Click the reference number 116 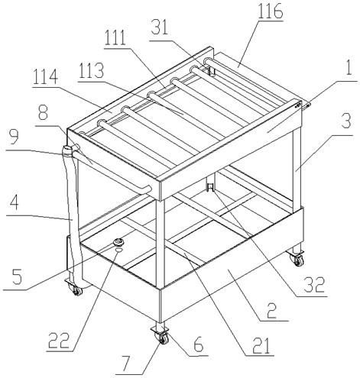click(270, 11)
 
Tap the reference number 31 click(160, 27)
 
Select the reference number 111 click(115, 38)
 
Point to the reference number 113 click(91, 71)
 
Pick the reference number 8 click(43, 114)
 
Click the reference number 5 click(17, 277)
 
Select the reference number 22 click(59, 341)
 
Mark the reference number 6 click(198, 344)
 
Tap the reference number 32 click(314, 285)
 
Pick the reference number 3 click(345, 121)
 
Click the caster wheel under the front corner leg click(163, 338)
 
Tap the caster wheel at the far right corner click(298, 260)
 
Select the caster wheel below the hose click(77, 290)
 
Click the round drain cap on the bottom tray click(118, 241)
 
